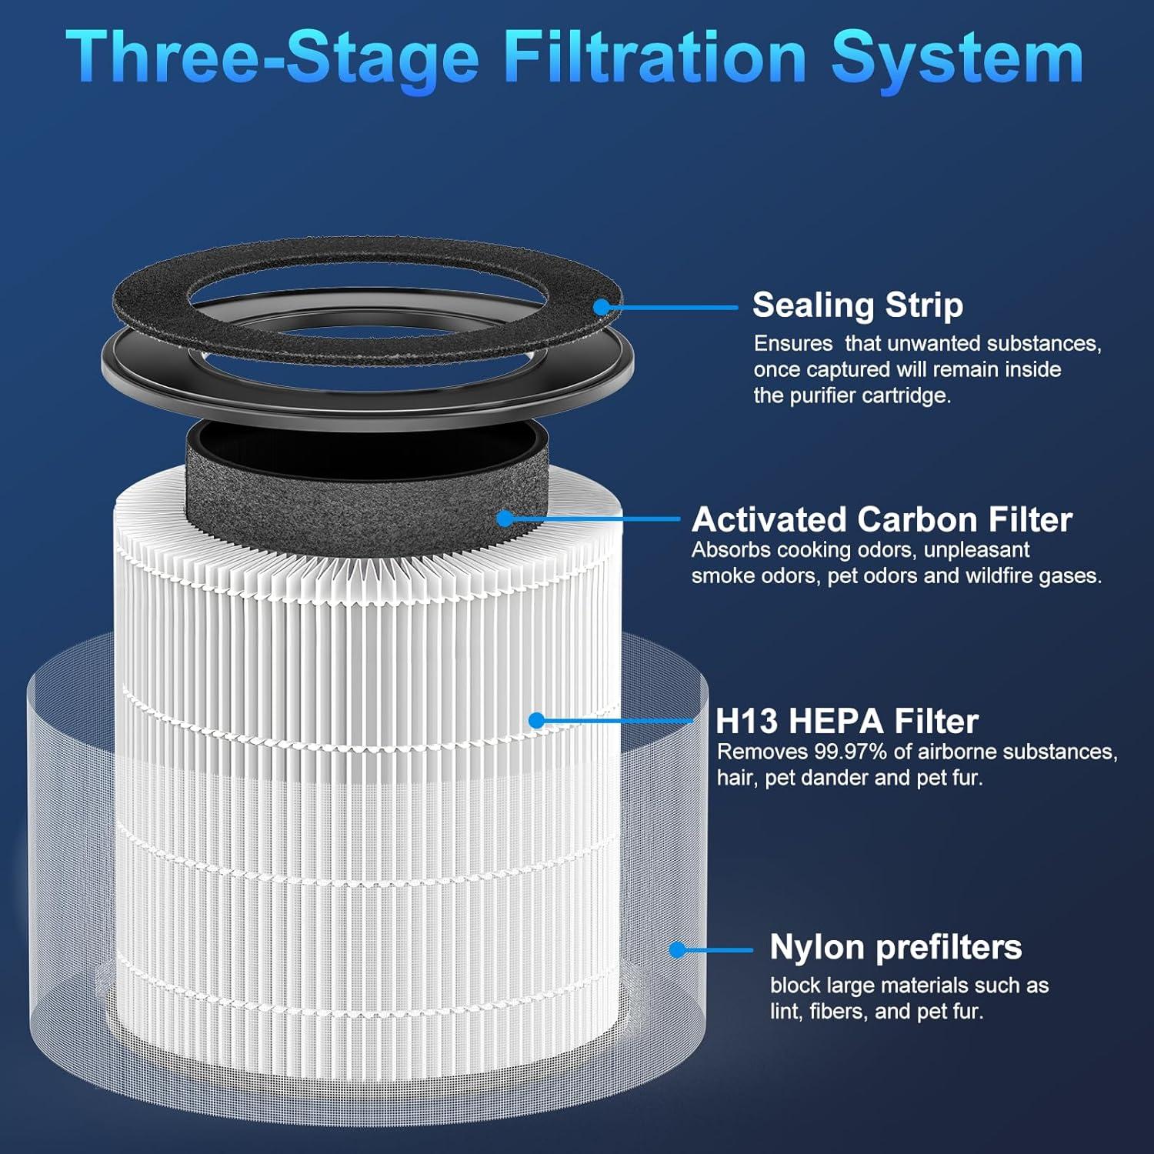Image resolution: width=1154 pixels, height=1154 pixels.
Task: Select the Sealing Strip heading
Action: coord(857,305)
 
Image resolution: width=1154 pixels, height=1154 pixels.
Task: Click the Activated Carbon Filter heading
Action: coord(882,520)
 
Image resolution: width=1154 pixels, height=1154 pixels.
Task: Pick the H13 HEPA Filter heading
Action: coord(846,722)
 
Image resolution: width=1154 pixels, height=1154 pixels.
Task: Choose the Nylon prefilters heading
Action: coord(896,947)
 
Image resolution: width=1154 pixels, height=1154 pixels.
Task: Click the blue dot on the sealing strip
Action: coord(602,307)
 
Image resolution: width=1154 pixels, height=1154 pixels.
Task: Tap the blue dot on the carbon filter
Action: coord(505,519)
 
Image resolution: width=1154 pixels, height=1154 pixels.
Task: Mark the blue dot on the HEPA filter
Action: coord(537,720)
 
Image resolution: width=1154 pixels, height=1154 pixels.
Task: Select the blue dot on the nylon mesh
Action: coord(677,949)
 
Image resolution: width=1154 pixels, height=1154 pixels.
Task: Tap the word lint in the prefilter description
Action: coord(784,1011)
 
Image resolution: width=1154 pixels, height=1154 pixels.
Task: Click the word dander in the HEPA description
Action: coord(835,778)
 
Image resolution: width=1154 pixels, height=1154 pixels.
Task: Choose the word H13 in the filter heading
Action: coord(746,722)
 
